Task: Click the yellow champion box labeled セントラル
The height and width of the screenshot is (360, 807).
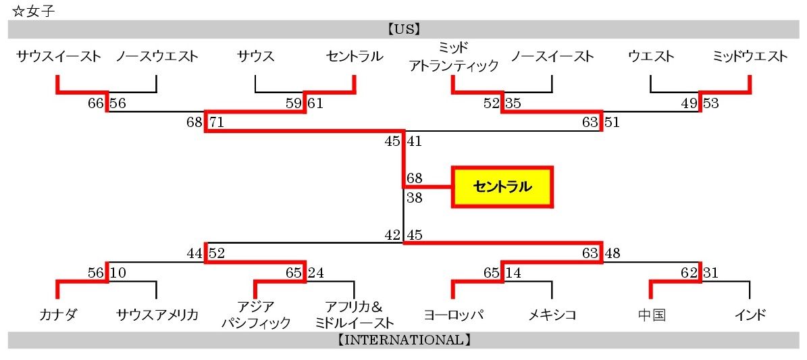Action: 502,186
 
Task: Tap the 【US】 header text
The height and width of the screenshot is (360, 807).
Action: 404,29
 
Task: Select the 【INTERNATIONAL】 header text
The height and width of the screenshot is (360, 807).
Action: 404,340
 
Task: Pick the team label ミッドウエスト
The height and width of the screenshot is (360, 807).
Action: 750,56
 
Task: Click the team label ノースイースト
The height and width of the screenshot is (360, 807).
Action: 552,56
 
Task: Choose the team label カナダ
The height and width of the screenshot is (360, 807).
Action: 58,314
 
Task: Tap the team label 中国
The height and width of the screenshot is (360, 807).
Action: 651,314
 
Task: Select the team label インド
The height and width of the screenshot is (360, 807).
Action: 750,314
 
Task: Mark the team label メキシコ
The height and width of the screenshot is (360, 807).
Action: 552,314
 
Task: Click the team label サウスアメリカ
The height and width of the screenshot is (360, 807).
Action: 157,314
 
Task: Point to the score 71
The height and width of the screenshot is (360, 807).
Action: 217,122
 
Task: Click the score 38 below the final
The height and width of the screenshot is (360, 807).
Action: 415,198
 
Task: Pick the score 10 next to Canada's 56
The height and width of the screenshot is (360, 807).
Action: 118,273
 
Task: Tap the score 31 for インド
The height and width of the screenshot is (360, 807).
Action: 711,273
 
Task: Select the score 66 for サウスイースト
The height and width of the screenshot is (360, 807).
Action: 96,103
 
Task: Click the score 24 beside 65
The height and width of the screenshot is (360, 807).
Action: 316,273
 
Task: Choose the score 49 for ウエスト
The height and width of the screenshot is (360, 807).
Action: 689,103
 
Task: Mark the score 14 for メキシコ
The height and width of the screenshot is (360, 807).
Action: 513,273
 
